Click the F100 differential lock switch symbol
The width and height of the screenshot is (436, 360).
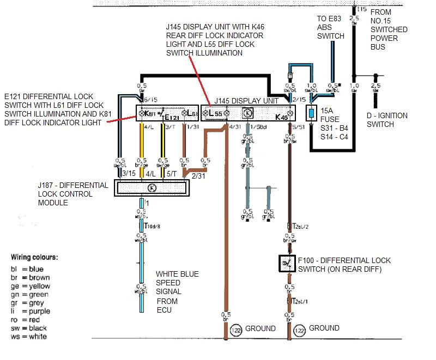286,264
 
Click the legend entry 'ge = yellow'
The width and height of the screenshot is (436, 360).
30,286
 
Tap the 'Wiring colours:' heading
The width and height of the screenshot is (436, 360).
34,257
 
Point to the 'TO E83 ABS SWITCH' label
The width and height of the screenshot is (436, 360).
331,27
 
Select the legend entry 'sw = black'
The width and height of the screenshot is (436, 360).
31,328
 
